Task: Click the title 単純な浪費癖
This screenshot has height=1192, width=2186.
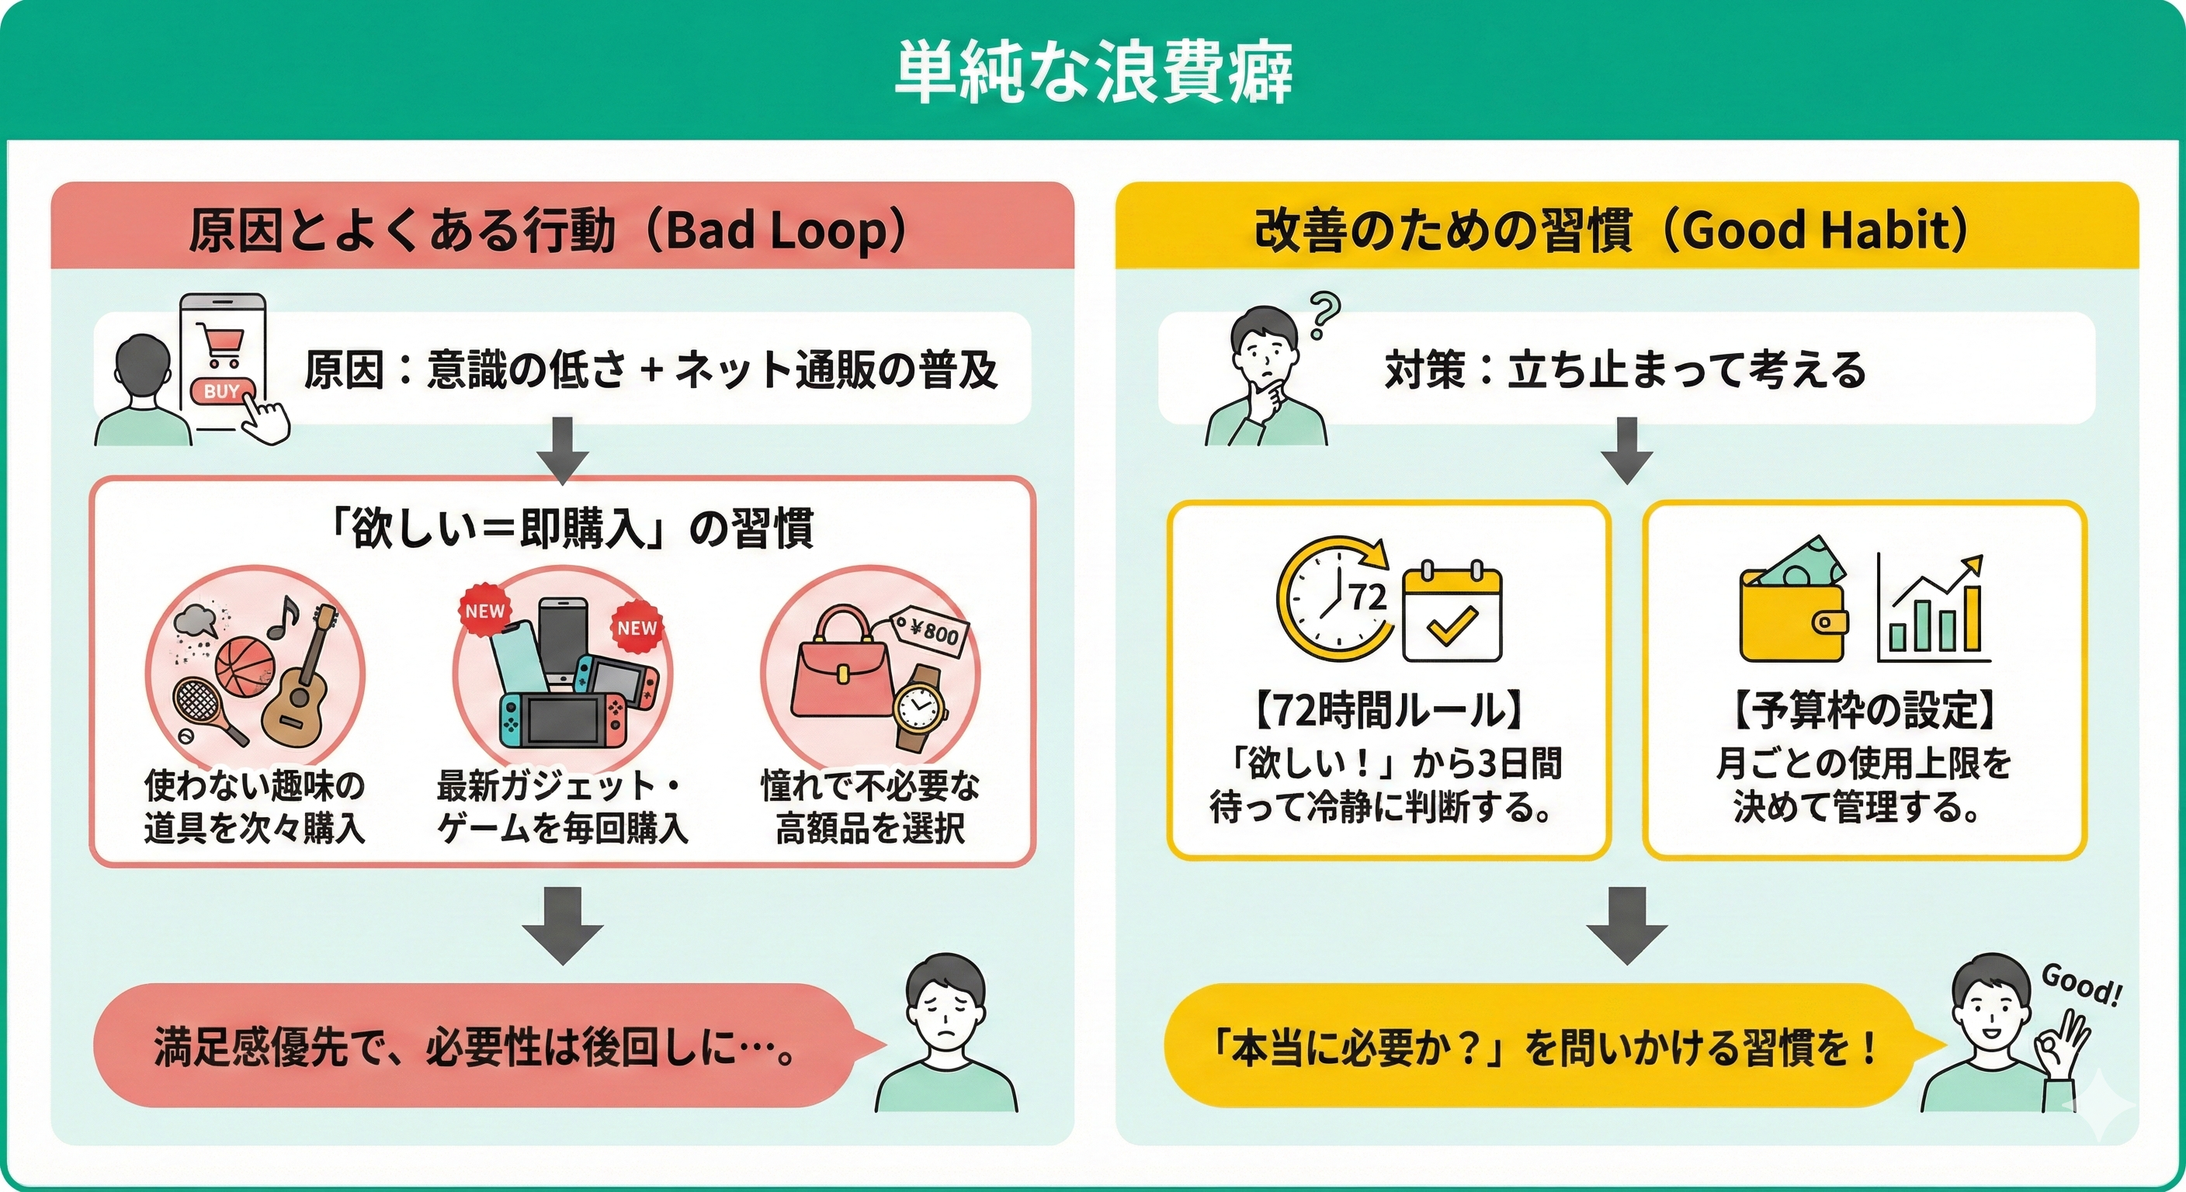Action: (1093, 71)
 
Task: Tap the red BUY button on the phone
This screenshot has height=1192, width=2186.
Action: (222, 390)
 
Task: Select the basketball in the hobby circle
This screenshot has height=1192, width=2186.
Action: (245, 668)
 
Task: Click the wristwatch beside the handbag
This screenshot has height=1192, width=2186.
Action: (919, 708)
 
